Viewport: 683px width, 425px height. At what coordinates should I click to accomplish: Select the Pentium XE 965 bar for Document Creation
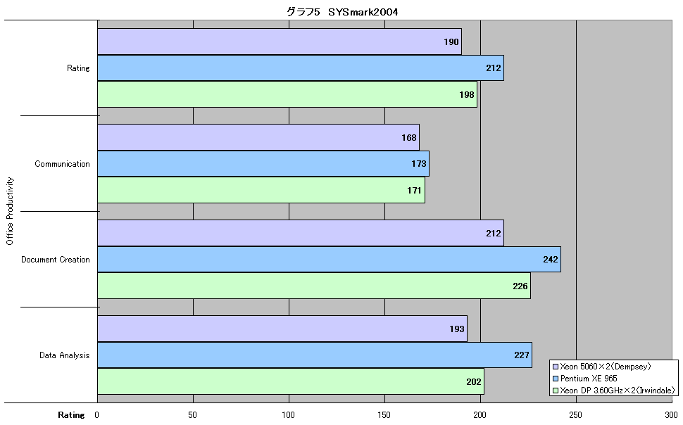pyautogui.click(x=329, y=260)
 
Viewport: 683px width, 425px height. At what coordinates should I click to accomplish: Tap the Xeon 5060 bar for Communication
pyautogui.click(x=258, y=138)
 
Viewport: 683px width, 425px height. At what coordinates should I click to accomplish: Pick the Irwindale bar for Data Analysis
pyautogui.click(x=291, y=381)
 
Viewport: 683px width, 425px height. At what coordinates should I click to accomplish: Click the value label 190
pyautogui.click(x=451, y=42)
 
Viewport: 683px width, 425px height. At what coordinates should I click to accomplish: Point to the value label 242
pyautogui.click(x=551, y=260)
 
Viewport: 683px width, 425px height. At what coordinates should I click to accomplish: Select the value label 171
pyautogui.click(x=414, y=190)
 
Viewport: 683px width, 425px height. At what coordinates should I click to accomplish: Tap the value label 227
pyautogui.click(x=521, y=355)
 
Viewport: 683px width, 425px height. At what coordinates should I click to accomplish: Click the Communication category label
pyautogui.click(x=62, y=164)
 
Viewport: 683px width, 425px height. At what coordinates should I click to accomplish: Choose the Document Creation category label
pyautogui.click(x=56, y=260)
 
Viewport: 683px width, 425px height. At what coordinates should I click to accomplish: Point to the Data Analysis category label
pyautogui.click(x=65, y=355)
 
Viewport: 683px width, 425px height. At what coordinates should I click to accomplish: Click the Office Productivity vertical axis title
pyautogui.click(x=10, y=211)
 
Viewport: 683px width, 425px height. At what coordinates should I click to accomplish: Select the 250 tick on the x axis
pyautogui.click(x=576, y=415)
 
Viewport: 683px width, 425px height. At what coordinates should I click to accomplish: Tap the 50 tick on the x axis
pyautogui.click(x=192, y=415)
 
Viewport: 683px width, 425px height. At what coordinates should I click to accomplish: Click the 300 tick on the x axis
pyautogui.click(x=671, y=415)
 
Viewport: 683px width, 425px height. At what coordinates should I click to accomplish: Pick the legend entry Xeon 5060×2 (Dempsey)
pyautogui.click(x=601, y=367)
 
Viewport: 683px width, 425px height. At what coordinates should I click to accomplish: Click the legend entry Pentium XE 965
pyautogui.click(x=584, y=379)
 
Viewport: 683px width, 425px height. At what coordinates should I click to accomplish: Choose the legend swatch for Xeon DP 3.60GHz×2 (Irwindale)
pyautogui.click(x=556, y=391)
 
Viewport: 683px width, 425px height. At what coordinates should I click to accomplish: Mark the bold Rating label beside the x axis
pyautogui.click(x=71, y=415)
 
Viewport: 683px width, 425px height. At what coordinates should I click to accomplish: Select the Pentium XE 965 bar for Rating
pyautogui.click(x=301, y=68)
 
